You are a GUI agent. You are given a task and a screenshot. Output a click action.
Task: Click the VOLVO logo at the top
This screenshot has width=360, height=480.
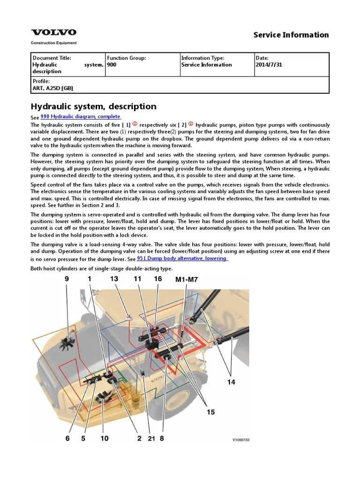(x=53, y=32)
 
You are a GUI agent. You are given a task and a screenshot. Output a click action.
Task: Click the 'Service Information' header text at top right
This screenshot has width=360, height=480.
(x=291, y=35)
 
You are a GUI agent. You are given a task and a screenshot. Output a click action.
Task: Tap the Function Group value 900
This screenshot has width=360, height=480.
(x=112, y=65)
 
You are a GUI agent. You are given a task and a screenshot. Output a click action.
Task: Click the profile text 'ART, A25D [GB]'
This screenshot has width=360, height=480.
(x=52, y=88)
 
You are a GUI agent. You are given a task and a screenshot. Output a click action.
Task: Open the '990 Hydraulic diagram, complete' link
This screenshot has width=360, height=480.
(x=81, y=116)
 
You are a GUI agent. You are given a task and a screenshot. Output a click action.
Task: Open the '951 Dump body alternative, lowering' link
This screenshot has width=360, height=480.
(x=182, y=258)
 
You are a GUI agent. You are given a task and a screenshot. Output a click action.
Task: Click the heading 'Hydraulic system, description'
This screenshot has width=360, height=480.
(x=93, y=106)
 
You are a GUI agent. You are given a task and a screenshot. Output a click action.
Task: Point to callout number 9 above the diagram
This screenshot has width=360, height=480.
(x=67, y=279)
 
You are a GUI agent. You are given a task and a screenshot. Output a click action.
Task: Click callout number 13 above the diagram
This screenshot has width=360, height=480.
(x=114, y=279)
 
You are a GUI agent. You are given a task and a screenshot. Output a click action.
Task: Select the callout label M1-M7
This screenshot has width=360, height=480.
(x=187, y=279)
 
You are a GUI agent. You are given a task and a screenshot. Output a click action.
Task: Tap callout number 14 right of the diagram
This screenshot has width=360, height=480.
(x=231, y=382)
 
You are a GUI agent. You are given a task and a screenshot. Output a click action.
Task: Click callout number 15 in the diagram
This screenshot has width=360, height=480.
(x=210, y=412)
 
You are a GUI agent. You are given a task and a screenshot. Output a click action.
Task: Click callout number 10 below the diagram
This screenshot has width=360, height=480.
(x=104, y=438)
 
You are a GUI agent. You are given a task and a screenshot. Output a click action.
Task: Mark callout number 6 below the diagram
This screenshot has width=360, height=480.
(x=67, y=438)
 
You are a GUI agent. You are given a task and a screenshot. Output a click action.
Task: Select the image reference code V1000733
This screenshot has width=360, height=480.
(x=241, y=440)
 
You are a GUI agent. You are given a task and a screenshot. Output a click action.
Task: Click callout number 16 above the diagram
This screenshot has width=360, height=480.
(x=157, y=279)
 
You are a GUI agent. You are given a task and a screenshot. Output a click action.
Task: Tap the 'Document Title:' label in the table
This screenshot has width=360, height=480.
(x=52, y=58)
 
